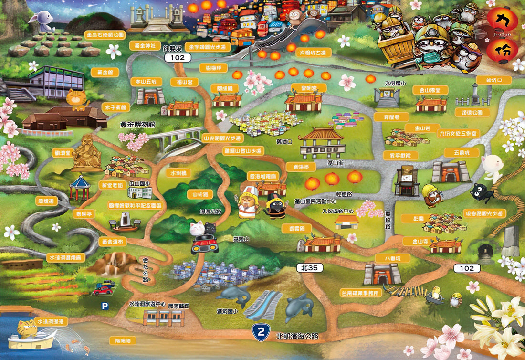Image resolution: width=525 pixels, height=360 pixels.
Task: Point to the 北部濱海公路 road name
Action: click(297, 336)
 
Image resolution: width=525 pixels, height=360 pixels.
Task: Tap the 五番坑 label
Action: click(453, 152)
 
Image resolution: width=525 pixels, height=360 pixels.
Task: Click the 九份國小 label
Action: click(395, 83)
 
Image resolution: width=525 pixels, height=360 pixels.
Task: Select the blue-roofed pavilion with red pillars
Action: click(80, 187)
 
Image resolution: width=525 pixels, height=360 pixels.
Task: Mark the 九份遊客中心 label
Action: click(340, 210)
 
